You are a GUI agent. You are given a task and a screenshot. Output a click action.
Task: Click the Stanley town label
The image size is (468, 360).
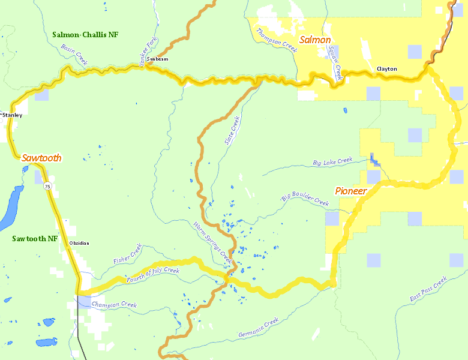(12, 115)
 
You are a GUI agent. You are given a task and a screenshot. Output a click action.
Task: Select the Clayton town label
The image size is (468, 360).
(386, 69)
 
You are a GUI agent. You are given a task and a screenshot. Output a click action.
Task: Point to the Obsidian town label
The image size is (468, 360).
(79, 243)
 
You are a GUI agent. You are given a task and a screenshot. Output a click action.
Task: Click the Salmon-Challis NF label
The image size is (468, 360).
(85, 35)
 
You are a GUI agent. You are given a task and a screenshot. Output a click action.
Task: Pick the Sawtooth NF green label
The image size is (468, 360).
(35, 238)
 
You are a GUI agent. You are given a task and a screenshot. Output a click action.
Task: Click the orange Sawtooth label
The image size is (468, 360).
(41, 158)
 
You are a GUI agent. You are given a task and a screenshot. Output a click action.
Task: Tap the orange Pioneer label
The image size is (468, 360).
(351, 191)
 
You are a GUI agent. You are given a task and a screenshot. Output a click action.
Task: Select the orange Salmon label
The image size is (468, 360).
(315, 40)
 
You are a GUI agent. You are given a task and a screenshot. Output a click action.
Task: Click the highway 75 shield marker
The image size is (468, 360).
(47, 187)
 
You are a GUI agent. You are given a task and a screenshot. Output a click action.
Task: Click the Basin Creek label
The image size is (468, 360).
(74, 54)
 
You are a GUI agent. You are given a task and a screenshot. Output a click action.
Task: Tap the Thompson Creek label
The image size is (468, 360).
(277, 41)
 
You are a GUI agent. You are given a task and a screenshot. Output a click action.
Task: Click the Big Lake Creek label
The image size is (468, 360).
(332, 161)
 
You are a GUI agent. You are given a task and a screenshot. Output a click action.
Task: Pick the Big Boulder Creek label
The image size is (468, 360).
(305, 199)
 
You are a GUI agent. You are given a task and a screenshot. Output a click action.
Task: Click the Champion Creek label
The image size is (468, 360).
(114, 305)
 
